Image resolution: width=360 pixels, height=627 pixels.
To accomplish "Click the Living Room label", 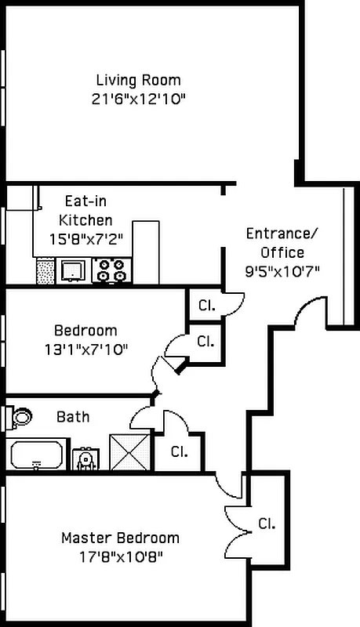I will pyautogui.click(x=138, y=80).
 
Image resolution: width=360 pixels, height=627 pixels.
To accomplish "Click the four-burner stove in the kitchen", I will pyautogui.click(x=110, y=270).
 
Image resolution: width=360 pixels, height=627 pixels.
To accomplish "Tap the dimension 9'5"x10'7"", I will pyautogui.click(x=282, y=272).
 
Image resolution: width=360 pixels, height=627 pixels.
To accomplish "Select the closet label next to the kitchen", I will pyautogui.click(x=206, y=305).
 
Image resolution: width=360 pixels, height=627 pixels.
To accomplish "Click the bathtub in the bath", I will pyautogui.click(x=36, y=455).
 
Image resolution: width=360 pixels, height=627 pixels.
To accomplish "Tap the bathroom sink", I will pyautogui.click(x=84, y=458).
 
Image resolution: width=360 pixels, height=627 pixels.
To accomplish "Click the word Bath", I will pyautogui.click(x=72, y=417).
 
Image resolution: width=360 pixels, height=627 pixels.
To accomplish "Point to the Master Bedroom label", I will pyautogui.click(x=120, y=538).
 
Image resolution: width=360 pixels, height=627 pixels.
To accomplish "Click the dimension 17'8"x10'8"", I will pyautogui.click(x=120, y=557).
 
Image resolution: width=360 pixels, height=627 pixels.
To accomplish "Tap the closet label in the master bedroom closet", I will pyautogui.click(x=267, y=524).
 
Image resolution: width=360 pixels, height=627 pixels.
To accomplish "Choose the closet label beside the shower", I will pyautogui.click(x=179, y=451).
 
